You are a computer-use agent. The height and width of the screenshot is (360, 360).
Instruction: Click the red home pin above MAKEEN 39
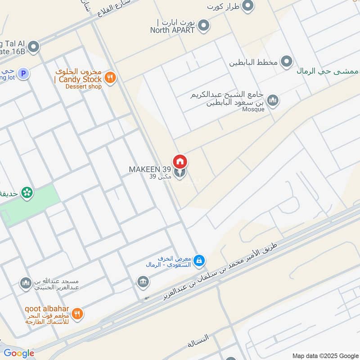pyautogui.click(x=180, y=161)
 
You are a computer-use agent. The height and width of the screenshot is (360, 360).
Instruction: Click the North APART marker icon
pyautogui.click(x=204, y=26)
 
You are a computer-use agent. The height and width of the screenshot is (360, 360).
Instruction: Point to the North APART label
pyautogui.click(x=172, y=30)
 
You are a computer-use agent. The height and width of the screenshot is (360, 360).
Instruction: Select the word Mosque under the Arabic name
pyautogui.click(x=253, y=109)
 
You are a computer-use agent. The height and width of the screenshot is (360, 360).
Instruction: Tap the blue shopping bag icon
pyautogui.click(x=199, y=260)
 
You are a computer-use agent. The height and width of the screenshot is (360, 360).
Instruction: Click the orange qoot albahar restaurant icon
pyautogui.click(x=77, y=314)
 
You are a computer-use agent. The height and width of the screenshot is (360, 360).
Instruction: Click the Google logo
pyautogui.click(x=19, y=353)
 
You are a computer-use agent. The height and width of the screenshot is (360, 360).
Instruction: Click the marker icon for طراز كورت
pyautogui.click(x=247, y=6)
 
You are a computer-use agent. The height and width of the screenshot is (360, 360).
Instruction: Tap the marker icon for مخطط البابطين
pyautogui.click(x=287, y=62)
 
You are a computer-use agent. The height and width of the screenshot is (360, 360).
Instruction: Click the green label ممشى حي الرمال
pyautogui.click(x=328, y=71)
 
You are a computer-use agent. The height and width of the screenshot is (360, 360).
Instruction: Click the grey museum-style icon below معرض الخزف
pyautogui.click(x=143, y=282)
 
